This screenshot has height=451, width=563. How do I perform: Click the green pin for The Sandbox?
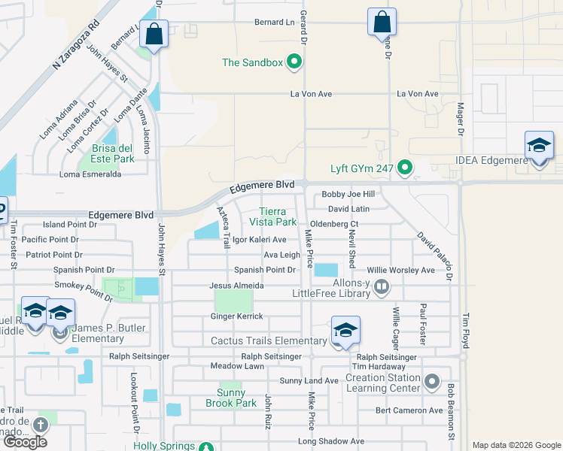click(x=294, y=62)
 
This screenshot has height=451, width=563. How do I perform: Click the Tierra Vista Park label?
click(x=278, y=217)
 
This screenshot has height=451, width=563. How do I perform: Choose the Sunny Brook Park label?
click(x=231, y=398)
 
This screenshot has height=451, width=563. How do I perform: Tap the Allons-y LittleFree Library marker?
click(x=382, y=286)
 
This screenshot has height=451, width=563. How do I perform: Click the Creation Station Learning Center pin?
click(x=432, y=383)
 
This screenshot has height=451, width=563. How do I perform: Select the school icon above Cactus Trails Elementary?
click(x=345, y=331)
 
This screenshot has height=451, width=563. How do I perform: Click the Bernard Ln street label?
click(x=274, y=23)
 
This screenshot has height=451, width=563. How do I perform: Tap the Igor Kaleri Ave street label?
click(x=260, y=240)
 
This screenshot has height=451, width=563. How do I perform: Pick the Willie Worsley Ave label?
click(x=401, y=270)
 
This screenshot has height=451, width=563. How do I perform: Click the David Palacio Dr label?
click(x=436, y=256)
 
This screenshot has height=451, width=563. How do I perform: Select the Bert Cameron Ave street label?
click(x=409, y=410)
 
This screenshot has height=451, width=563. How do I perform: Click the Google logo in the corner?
click(x=25, y=442)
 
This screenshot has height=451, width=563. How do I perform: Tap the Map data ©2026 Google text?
click(x=516, y=445)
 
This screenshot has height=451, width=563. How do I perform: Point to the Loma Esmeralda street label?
click(x=91, y=174)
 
